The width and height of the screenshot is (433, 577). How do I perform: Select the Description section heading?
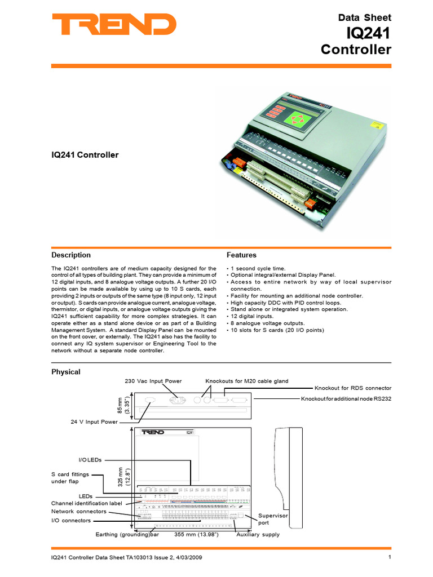(71, 255)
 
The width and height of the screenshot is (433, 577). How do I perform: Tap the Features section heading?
(241, 255)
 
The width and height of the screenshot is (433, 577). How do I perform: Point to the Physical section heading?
(66, 372)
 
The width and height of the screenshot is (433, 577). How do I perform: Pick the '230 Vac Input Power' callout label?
(153, 381)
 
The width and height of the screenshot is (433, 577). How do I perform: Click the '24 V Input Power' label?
(94, 421)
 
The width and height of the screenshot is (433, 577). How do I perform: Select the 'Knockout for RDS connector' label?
(352, 389)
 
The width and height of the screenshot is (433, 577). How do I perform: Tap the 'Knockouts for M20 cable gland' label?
(246, 381)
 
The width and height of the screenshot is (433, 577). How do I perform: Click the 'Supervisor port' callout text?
(273, 519)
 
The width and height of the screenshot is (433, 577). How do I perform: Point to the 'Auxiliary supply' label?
(258, 534)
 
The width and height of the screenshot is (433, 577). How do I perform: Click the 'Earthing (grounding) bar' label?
(127, 534)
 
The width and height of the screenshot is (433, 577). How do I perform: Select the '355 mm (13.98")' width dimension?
(196, 534)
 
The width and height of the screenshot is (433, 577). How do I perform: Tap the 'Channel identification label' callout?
(86, 503)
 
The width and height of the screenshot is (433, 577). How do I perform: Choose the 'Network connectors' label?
(78, 511)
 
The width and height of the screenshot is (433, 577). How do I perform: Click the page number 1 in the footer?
(390, 557)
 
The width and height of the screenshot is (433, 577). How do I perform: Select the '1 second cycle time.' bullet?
(258, 269)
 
